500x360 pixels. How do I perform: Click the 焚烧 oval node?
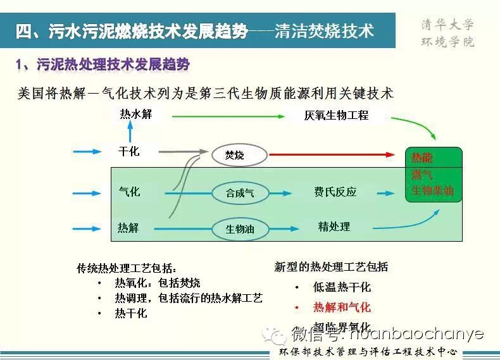coord(234,154)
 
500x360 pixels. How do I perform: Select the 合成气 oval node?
coord(240,193)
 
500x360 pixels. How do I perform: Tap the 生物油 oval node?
coord(240,229)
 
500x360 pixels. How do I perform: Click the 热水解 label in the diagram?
coord(136,115)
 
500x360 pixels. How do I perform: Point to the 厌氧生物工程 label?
coord(336,115)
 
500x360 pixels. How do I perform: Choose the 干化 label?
coord(129,151)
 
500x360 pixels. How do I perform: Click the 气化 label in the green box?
coord(129,191)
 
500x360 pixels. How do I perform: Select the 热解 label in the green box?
coord(128,228)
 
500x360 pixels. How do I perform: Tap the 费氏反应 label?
coord(335,192)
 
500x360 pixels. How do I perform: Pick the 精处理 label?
coord(334,227)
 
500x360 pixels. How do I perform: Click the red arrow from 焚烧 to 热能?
coord(335,154)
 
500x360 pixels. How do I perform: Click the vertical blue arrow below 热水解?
coord(130,132)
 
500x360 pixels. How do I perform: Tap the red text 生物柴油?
coord(432,190)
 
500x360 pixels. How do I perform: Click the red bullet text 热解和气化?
coord(342,307)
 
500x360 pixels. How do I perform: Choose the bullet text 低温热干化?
coord(342,287)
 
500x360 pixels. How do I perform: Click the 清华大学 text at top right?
coord(447,26)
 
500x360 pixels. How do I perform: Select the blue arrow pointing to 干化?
coord(87,151)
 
